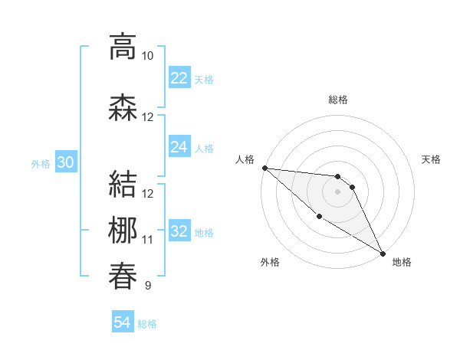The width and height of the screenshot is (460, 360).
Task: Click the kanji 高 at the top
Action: [122, 47]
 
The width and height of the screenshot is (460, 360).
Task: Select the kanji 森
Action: [122, 107]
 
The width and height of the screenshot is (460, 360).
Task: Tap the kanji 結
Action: [122, 185]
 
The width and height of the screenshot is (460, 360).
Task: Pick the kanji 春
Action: [122, 275]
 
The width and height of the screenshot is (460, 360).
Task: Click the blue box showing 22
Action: [179, 78]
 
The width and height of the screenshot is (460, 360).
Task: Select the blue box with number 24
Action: [179, 147]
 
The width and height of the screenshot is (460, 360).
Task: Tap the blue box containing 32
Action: [179, 231]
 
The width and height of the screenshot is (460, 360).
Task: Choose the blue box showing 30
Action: [66, 162]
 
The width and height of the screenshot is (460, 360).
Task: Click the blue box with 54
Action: [123, 322]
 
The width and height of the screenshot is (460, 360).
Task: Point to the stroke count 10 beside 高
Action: [148, 56]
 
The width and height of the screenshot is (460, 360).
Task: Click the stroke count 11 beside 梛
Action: [148, 240]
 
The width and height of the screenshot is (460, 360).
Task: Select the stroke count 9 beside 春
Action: [147, 286]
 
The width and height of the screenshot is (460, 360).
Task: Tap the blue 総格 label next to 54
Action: [147, 324]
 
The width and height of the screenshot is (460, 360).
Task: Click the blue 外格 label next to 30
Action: [41, 163]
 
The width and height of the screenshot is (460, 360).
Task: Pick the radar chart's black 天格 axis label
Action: [432, 159]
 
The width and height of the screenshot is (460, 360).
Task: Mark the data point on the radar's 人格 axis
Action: [264, 168]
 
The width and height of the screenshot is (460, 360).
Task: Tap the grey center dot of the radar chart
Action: [337, 191]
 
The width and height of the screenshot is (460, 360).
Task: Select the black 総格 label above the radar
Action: [337, 100]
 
